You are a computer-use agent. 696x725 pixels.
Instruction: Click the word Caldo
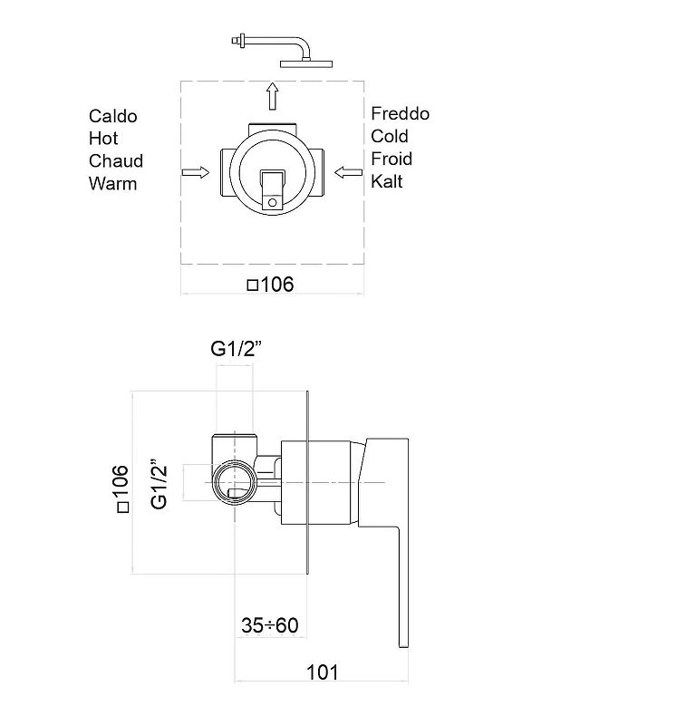113,116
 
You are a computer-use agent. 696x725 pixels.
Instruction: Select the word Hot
103,139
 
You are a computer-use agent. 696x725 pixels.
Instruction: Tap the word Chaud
116,161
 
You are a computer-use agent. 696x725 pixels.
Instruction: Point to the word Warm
113,184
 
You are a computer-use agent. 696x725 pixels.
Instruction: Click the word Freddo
400,113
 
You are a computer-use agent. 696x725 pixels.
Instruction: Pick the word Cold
390,136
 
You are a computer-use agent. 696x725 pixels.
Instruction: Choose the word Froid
391,159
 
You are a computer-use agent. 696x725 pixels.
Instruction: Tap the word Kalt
387,181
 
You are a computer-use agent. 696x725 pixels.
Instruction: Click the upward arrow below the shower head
273,96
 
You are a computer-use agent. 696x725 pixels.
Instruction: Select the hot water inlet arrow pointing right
196,172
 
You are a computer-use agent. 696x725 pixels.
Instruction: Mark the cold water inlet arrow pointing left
348,172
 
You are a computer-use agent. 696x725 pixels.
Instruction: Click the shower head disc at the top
306,63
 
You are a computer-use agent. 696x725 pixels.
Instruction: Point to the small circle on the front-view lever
273,202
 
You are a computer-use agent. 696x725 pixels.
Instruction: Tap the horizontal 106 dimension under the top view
271,285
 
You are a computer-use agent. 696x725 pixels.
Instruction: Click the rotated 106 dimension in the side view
121,488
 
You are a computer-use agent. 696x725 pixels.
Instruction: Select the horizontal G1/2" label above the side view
237,349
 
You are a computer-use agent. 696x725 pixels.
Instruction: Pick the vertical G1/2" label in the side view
159,484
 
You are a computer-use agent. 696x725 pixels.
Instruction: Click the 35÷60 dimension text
270,625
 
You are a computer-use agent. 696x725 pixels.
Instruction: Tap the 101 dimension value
323,672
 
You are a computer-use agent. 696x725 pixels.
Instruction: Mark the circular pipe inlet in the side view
235,482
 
